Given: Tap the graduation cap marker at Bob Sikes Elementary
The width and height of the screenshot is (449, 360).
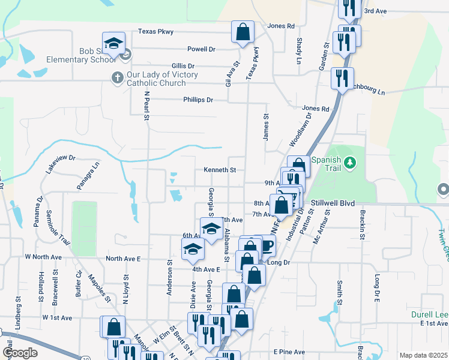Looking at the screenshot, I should [x=113, y=43].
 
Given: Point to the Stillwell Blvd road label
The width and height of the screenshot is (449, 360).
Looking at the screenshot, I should [x=331, y=203].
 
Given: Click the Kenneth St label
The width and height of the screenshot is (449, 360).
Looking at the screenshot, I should [x=220, y=170].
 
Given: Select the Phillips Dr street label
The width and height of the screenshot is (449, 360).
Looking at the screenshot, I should [x=198, y=100].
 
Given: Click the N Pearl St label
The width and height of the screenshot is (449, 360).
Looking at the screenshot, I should [x=146, y=105].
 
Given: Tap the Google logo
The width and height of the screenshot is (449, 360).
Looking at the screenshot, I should [x=20, y=352].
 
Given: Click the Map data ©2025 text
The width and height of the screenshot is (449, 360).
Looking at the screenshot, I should [x=423, y=355].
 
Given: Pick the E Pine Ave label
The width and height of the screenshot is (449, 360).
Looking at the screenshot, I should [x=289, y=352].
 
